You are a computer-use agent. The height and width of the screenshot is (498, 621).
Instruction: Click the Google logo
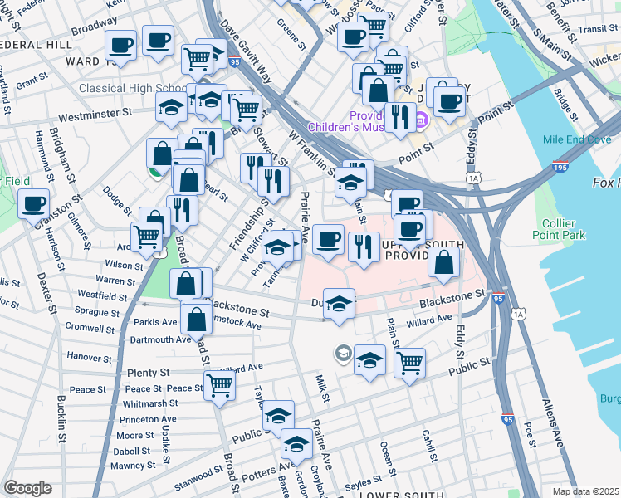(27, 488)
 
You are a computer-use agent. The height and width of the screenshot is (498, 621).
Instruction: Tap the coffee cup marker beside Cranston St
(34, 203)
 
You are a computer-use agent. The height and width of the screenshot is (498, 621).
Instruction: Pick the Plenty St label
(149, 373)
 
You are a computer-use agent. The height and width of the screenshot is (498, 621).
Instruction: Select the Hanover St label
(89, 357)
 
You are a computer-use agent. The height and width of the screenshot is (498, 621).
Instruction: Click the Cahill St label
(428, 445)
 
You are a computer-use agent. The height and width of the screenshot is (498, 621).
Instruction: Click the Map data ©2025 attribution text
(586, 491)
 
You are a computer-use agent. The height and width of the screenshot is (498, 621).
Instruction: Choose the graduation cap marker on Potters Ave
(296, 444)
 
